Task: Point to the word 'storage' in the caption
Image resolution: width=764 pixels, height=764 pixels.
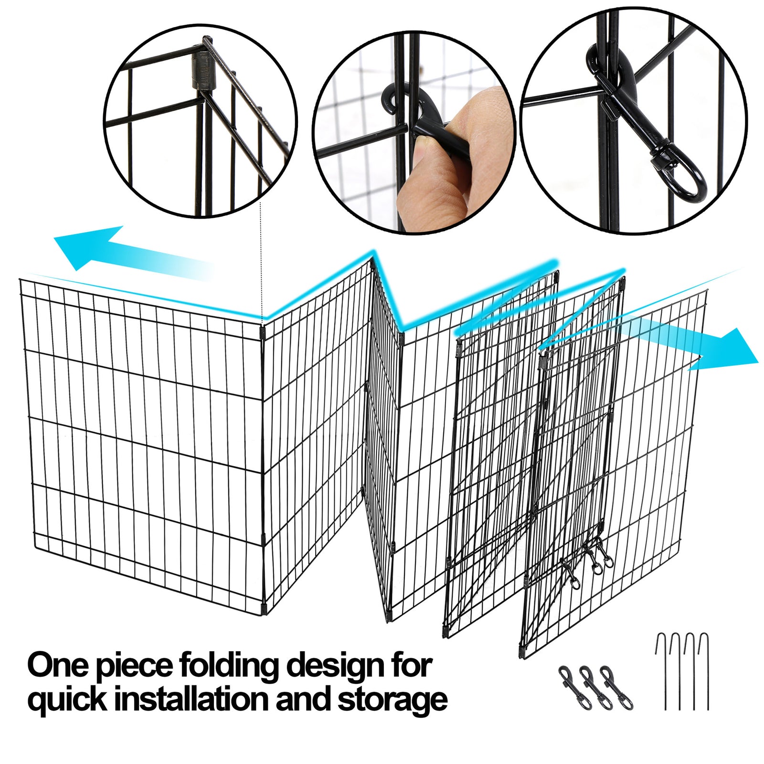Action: pyautogui.click(x=392, y=700)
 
